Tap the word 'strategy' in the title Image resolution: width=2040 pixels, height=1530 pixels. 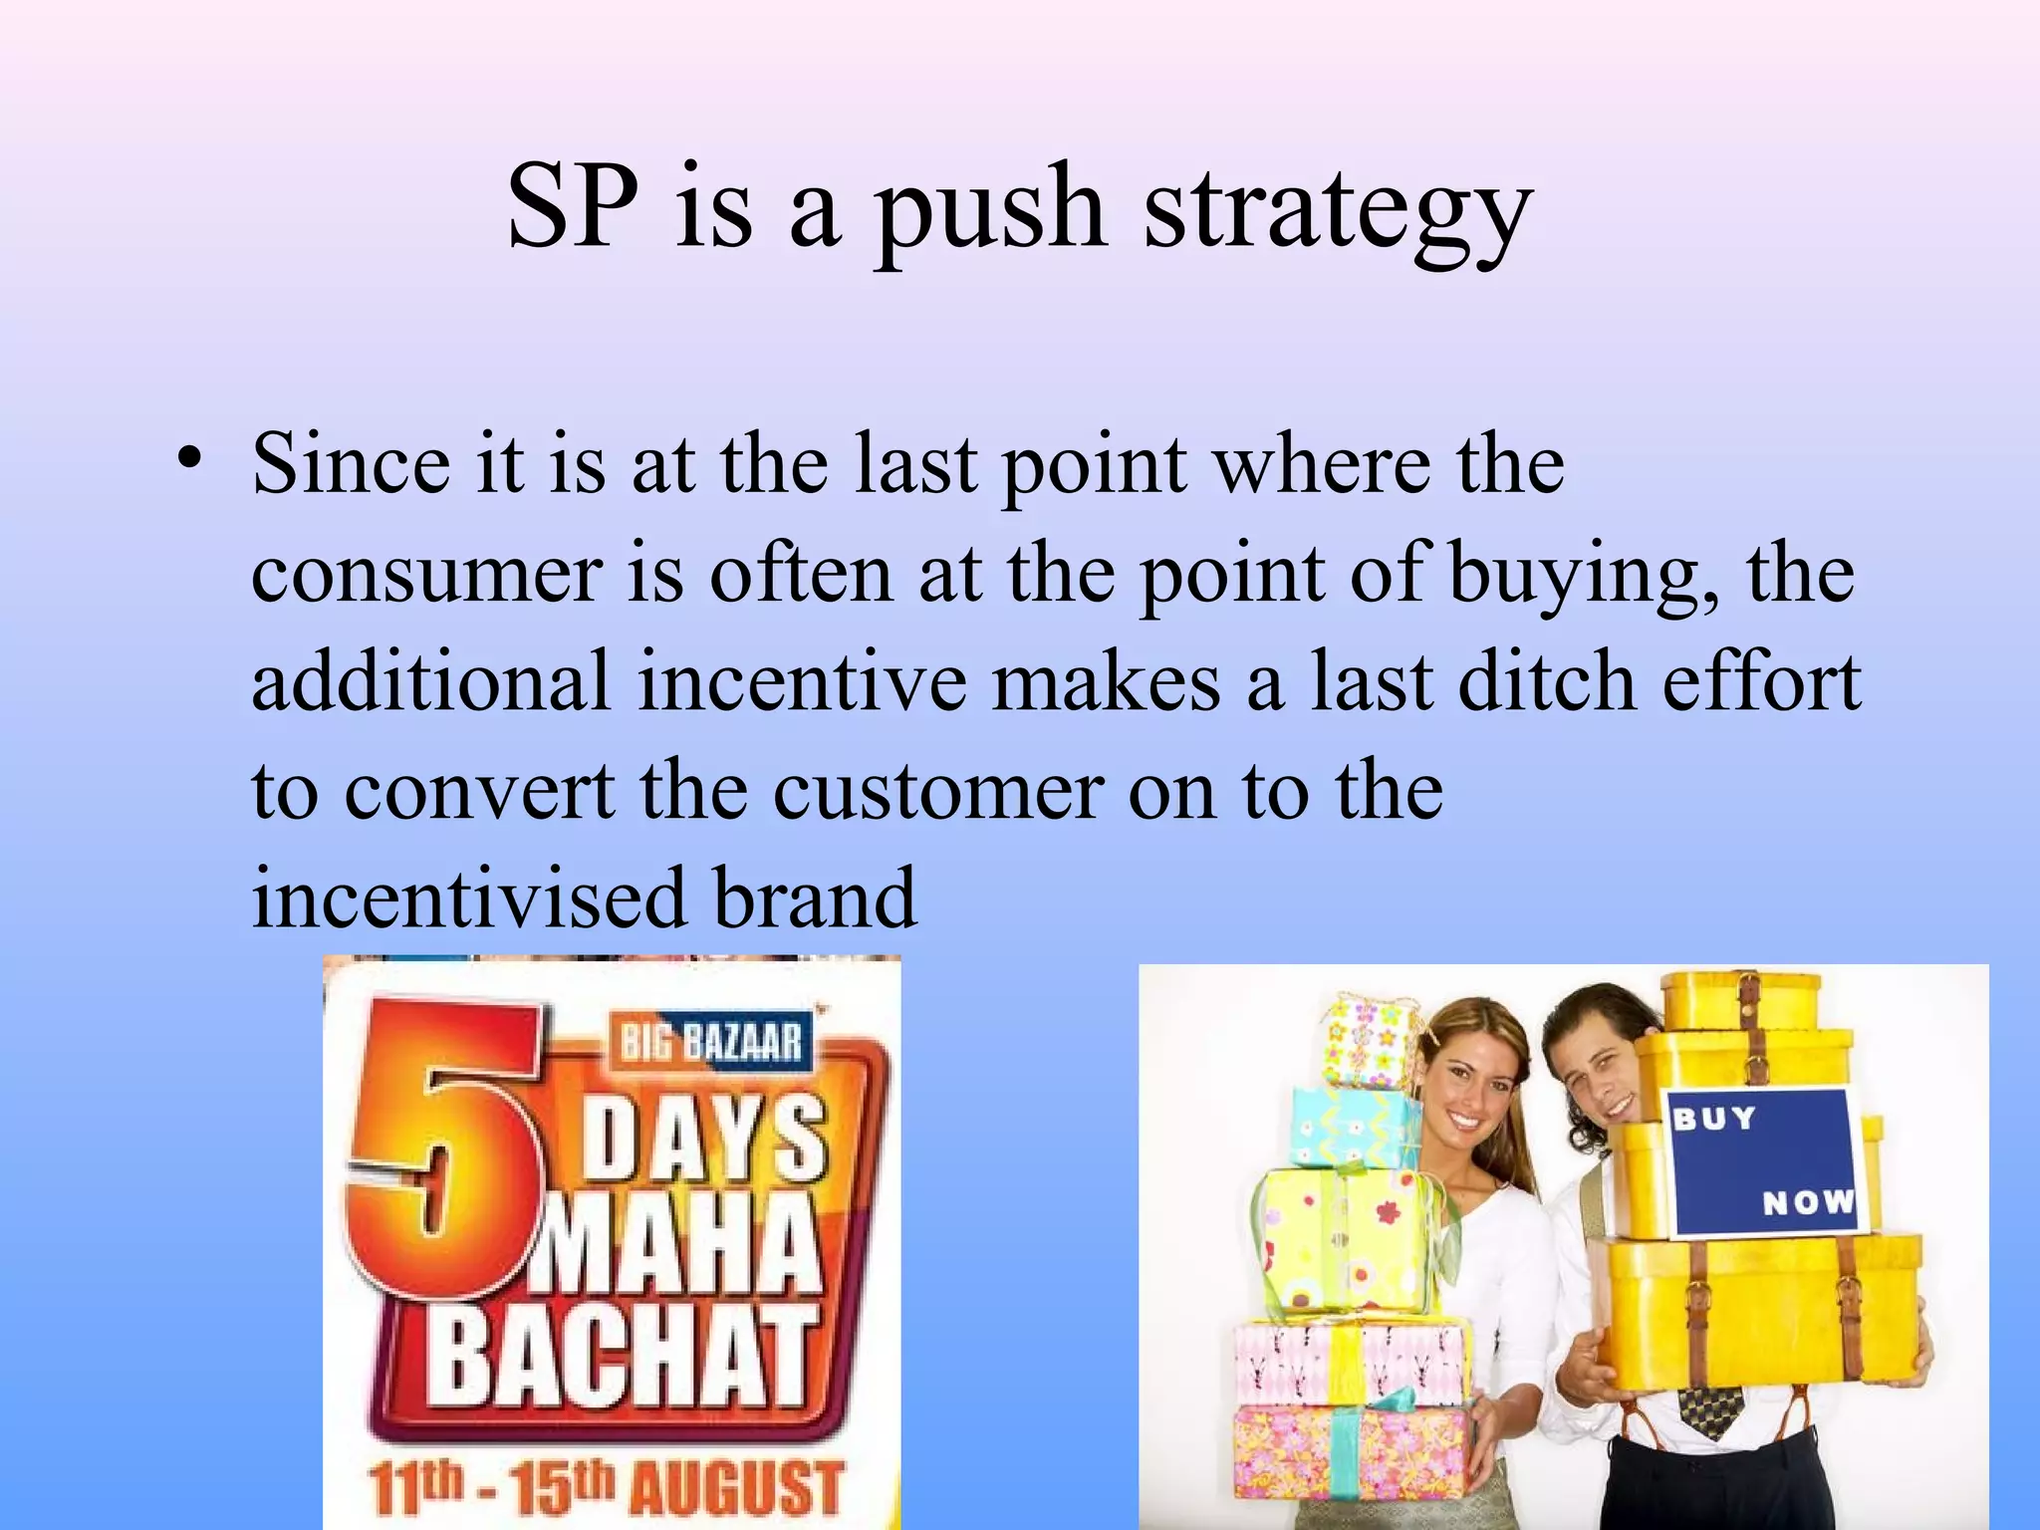point(1337,211)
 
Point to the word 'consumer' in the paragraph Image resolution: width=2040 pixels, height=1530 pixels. point(427,576)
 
